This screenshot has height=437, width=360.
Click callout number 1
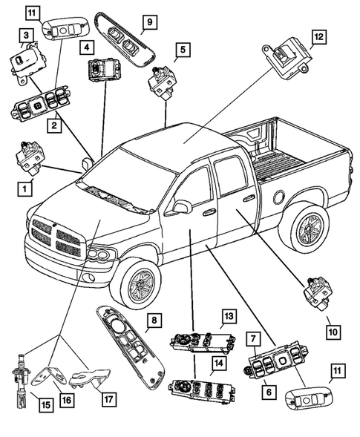(x=26, y=188)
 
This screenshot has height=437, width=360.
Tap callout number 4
(x=87, y=47)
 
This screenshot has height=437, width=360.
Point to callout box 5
(x=183, y=51)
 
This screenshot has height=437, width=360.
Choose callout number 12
(x=318, y=36)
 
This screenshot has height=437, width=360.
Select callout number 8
(x=153, y=320)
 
